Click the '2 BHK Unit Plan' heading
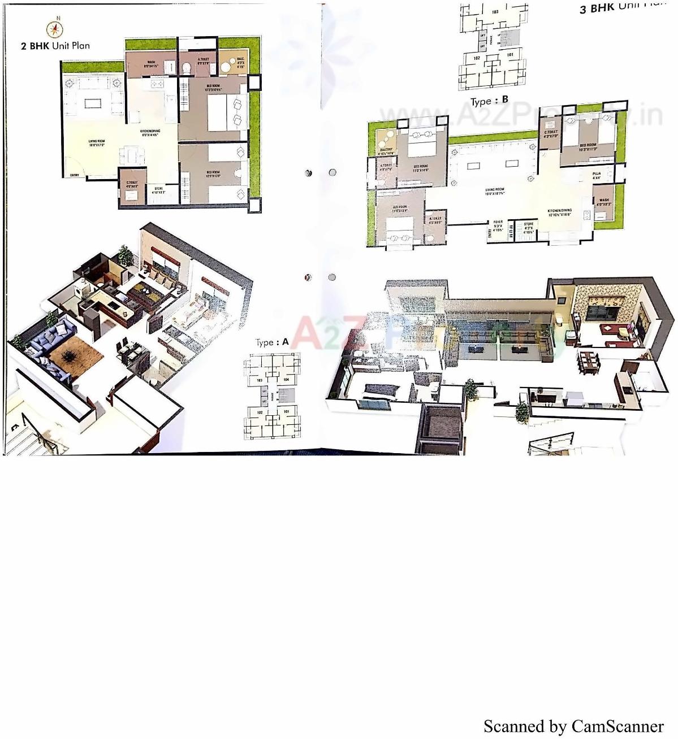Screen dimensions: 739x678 pyautogui.click(x=55, y=46)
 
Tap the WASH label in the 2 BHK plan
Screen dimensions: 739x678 pyautogui.click(x=151, y=63)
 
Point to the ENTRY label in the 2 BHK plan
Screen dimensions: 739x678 pyautogui.click(x=74, y=175)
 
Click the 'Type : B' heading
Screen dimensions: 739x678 pyautogui.click(x=489, y=101)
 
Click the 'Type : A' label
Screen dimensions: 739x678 pyautogui.click(x=272, y=342)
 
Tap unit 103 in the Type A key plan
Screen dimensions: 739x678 pyautogui.click(x=260, y=380)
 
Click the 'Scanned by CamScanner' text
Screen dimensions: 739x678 pyautogui.click(x=573, y=725)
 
